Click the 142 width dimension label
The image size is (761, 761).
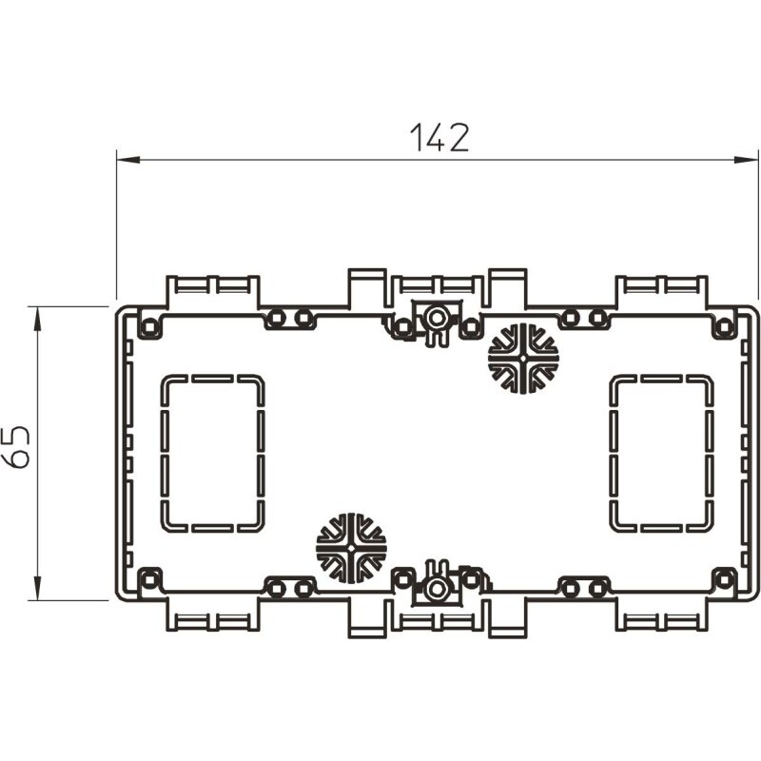[439, 137]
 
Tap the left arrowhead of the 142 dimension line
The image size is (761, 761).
[128, 160]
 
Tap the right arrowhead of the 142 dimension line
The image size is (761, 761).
[746, 160]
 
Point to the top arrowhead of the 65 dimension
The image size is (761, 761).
[37, 319]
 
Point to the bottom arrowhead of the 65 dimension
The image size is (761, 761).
[37, 588]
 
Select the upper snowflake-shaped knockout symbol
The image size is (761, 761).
[523, 359]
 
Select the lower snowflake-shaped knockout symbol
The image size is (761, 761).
[351, 548]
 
